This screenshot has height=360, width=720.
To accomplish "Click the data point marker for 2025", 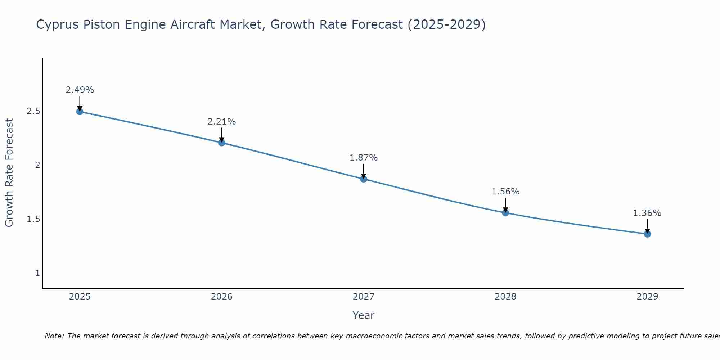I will pos(80,112).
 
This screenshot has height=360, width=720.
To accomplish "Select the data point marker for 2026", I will pos(221,143).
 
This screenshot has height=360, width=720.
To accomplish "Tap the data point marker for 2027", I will pos(364,179).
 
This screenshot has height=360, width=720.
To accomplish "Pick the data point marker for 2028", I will pos(505,213).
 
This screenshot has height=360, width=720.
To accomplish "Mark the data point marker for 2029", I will pos(647,234).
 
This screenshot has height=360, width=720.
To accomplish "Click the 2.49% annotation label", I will pos(80,90).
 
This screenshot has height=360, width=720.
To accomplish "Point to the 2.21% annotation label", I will pos(221,122).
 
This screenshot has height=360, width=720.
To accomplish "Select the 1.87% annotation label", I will pos(364,158).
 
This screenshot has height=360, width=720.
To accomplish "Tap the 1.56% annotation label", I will pos(505,192).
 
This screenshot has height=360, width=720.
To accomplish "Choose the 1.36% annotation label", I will pos(647,213).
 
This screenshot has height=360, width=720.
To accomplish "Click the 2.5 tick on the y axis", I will pos(33,111).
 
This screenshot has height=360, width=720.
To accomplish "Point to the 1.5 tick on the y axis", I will pos(33,219).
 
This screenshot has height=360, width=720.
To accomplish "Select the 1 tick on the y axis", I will pos(37,273).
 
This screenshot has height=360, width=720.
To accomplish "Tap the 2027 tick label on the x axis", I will pos(364,297).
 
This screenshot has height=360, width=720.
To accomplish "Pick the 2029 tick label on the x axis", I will pos(647,297).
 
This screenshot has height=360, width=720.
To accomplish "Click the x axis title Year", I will pos(364,315).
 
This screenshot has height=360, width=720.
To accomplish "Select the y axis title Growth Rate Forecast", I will pos(9,173).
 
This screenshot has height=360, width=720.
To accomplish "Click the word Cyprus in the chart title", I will pos(58,25).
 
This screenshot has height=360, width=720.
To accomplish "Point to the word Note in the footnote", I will pos(54,336).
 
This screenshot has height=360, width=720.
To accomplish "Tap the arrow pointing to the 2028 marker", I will pos(505,204).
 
